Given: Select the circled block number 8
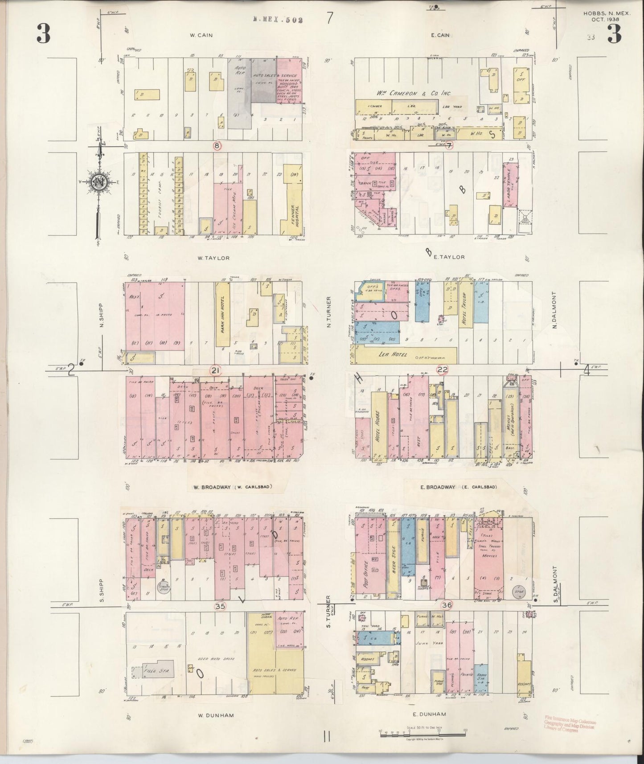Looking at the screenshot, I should pyautogui.click(x=217, y=145).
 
